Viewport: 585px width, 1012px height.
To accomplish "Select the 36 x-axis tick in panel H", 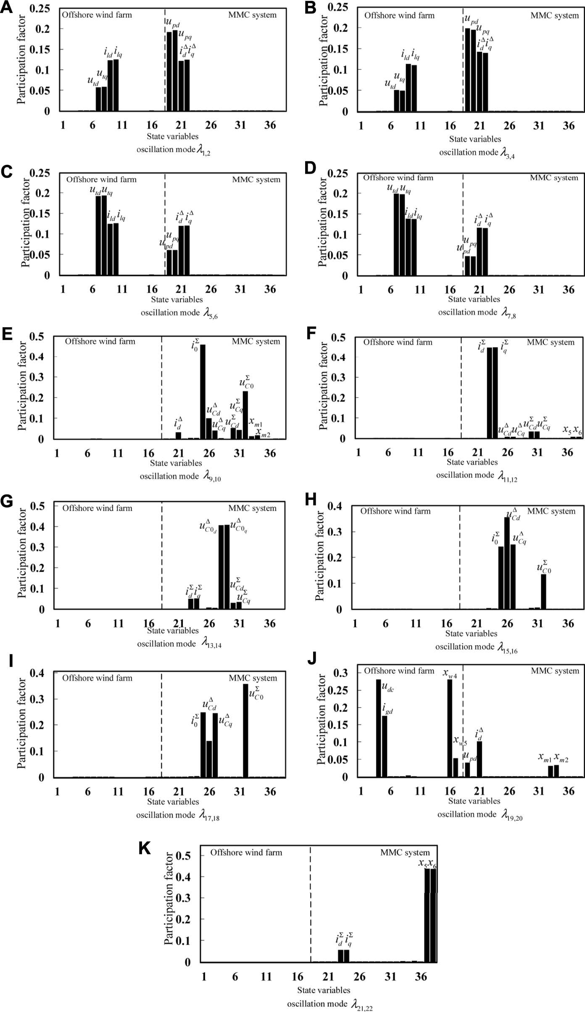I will click(568, 623).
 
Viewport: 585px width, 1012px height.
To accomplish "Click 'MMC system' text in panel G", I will click(252, 508).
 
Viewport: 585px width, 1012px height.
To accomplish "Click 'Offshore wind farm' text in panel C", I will click(101, 180).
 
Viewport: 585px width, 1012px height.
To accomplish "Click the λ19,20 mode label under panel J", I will click(480, 814).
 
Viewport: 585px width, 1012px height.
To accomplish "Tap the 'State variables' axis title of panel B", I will click(475, 139).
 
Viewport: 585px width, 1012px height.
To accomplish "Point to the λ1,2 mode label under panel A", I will click(173, 150).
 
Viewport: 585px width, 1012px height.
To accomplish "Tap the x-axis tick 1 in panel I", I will click(57, 792).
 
